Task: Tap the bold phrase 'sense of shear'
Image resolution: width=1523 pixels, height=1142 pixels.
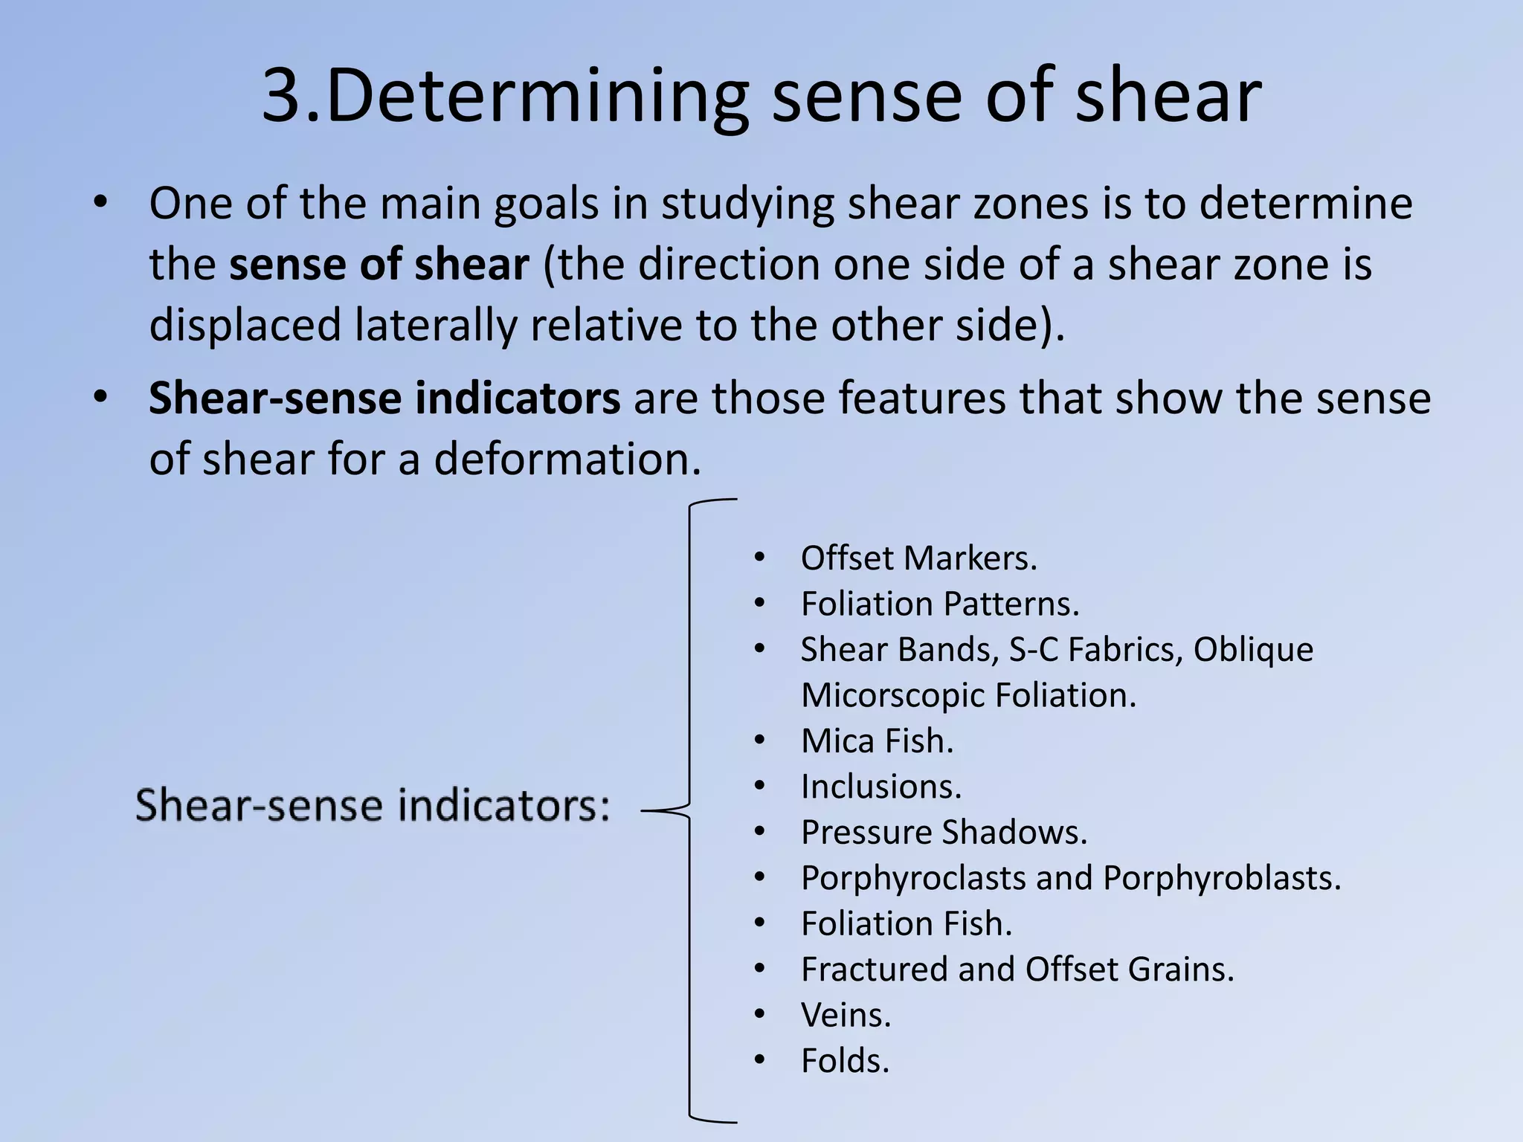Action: pos(379,265)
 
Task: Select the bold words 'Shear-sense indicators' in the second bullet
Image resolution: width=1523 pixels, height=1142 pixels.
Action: pos(384,398)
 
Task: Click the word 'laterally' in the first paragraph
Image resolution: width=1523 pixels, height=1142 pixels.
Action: pos(434,326)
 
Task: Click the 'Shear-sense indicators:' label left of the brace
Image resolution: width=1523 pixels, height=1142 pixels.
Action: pos(373,805)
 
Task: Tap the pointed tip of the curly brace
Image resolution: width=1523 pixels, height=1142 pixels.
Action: pos(644,811)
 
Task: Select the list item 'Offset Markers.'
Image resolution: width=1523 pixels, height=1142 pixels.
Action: pos(918,558)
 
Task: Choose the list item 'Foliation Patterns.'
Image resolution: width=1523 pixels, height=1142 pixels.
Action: pos(939,604)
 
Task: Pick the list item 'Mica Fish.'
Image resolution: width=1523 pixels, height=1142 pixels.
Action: pos(877,741)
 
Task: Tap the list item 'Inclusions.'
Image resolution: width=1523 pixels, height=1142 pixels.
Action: pos(880,787)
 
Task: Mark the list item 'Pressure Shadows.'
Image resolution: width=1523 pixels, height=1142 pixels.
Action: pos(944,832)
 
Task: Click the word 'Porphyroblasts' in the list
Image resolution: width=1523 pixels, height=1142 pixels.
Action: pos(1221,878)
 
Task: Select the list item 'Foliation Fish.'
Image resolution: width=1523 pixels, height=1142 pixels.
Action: pos(906,923)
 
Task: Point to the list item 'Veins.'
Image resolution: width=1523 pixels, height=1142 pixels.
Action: pos(846,1015)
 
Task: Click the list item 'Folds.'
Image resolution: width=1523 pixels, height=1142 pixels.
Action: pos(845,1060)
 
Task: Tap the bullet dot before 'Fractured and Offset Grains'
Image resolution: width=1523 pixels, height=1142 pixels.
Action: pos(759,969)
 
